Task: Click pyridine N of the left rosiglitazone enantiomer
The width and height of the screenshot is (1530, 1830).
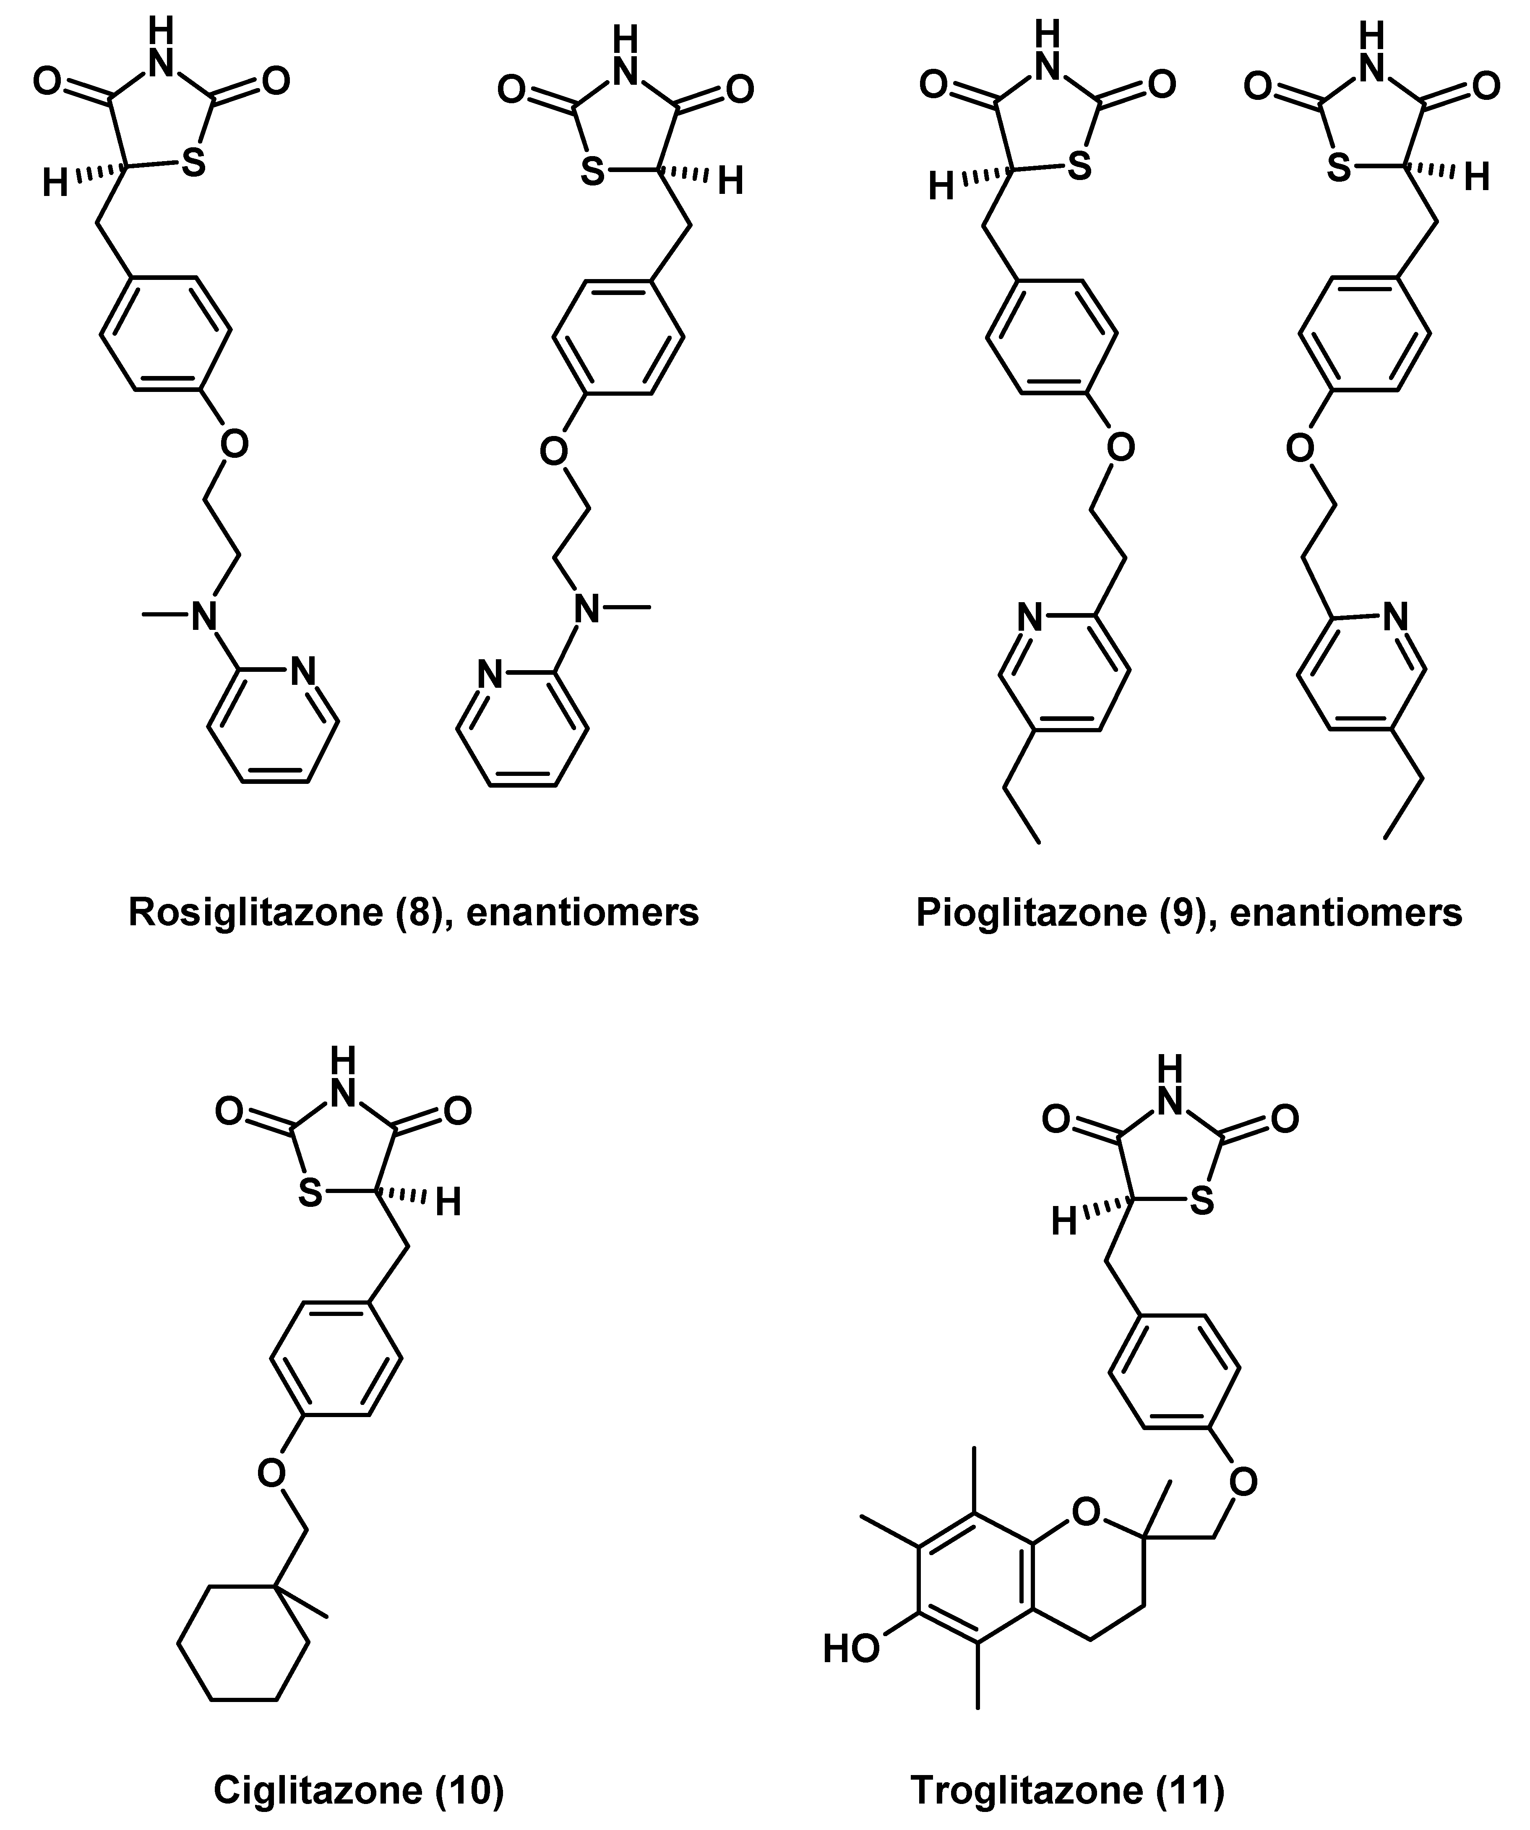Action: tap(302, 671)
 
